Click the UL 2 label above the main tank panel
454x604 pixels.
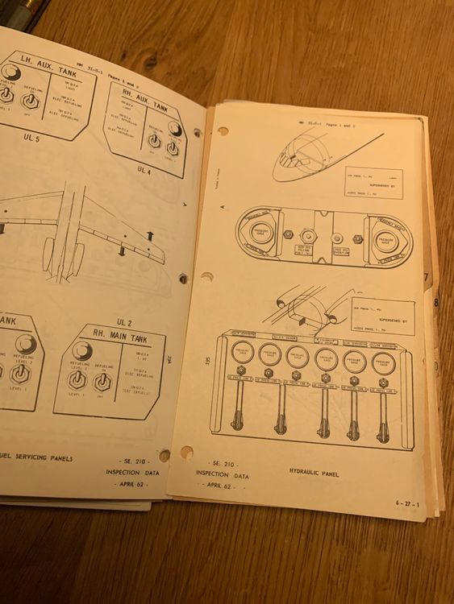123,300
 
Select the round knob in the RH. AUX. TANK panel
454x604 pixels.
175,128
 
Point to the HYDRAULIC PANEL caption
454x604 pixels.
314,473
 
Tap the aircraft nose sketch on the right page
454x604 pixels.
298,157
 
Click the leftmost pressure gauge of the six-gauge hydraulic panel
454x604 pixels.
242,353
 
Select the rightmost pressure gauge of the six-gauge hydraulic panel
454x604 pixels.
383,360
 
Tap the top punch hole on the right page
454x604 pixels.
222,131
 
